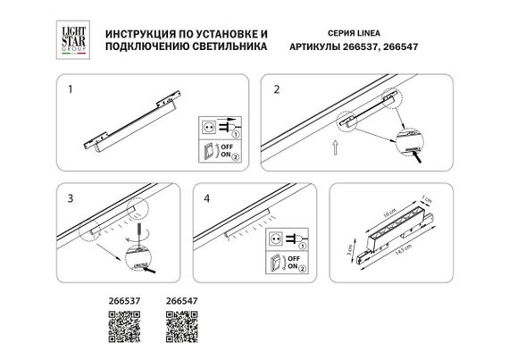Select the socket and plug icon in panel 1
click(216, 127)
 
